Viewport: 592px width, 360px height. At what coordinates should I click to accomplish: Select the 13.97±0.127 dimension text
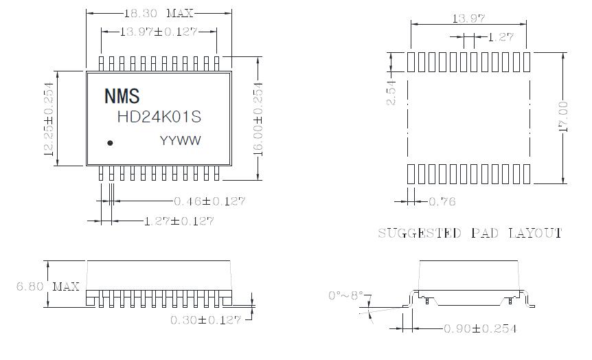point(159,32)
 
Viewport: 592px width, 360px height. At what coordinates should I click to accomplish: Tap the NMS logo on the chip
point(121,95)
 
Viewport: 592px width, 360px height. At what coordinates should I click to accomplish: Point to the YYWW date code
point(180,141)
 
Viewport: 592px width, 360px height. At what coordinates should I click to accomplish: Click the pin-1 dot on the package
point(110,143)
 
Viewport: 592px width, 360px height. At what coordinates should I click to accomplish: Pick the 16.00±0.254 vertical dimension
point(259,118)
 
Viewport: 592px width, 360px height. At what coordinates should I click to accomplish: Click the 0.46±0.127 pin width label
point(209,201)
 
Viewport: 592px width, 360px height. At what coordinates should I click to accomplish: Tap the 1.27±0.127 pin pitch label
point(179,221)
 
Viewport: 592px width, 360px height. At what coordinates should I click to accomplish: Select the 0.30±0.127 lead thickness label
point(206,319)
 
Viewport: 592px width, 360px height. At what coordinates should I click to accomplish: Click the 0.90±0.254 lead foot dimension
point(481,328)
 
